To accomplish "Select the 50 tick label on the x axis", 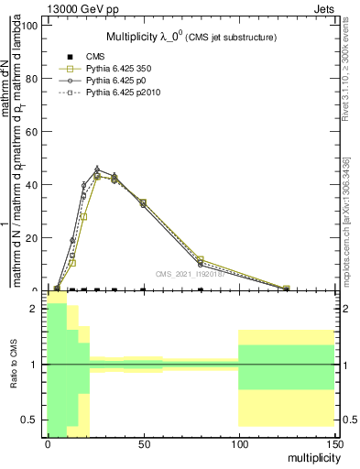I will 143,442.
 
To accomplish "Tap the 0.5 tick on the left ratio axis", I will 29,420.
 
